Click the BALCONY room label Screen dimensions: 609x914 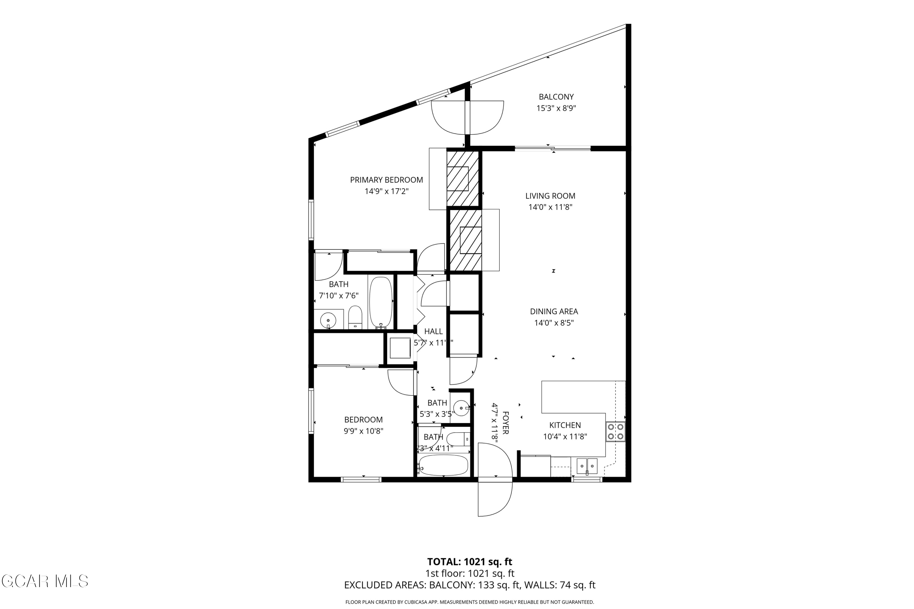556,97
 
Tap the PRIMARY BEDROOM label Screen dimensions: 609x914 386,180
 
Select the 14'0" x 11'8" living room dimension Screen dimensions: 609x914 550,207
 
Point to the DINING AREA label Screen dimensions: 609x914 554,311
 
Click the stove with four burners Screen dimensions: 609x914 615,431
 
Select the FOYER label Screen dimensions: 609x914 505,423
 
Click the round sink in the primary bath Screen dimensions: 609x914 328,320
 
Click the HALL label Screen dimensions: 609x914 433,331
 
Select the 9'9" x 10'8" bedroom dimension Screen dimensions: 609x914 363,431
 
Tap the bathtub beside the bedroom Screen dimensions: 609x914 443,465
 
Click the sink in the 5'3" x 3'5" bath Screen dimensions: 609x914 462,408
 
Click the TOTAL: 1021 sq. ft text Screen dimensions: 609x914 469,561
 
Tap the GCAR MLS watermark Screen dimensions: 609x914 45,581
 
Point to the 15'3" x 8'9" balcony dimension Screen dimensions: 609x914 556,108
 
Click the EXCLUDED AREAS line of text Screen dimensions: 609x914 469,585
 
